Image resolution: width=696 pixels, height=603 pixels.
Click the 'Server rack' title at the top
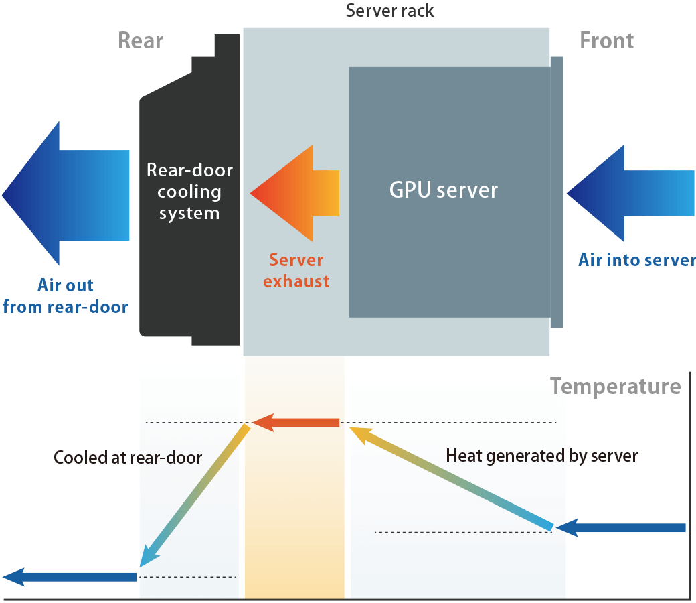[x=389, y=11]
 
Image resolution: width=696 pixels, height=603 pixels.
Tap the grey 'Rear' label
[x=141, y=41]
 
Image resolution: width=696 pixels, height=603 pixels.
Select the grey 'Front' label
[x=606, y=41]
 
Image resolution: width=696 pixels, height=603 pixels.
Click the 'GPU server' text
[x=444, y=190]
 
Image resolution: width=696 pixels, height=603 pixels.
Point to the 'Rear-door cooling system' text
[x=189, y=192]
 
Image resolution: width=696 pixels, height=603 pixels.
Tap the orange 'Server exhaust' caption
[x=296, y=271]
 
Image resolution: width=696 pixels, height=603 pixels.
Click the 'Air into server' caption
[x=636, y=260]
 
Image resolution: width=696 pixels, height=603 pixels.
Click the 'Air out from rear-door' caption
[x=65, y=297]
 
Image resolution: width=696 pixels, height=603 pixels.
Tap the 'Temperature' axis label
[x=615, y=387]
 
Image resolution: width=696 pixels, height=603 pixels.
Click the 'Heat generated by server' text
[x=541, y=456]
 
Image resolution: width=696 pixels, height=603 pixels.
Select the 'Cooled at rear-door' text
[x=128, y=458]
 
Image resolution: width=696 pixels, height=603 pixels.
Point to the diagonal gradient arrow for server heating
[x=452, y=477]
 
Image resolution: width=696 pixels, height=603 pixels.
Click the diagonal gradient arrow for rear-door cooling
[x=194, y=496]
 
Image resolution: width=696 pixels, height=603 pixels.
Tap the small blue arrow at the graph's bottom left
[x=70, y=576]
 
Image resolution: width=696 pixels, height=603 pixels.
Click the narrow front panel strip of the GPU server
[x=556, y=192]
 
